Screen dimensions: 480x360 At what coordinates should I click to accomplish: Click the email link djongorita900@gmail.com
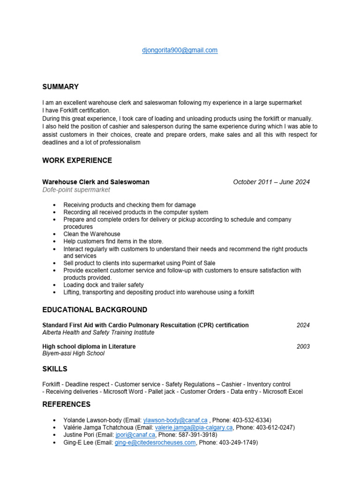pos(180,50)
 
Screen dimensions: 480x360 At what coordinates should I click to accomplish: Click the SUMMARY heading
pos(60,87)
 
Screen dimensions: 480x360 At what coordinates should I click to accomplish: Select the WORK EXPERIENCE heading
pos(77,160)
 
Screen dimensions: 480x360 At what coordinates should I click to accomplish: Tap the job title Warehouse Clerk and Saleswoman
pos(96,182)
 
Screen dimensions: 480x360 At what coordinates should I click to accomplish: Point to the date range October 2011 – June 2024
pos(271,182)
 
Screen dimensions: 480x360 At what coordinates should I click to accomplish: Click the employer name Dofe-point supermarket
pos(76,190)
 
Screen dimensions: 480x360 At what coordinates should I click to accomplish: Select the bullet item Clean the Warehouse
pos(92,234)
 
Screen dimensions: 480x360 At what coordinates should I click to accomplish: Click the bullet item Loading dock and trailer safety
pos(104,285)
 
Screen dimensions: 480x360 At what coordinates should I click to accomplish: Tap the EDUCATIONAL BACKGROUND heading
pos(95,310)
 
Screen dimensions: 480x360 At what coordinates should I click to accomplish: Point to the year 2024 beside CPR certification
pos(303,325)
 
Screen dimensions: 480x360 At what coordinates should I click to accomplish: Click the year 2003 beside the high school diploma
pos(303,346)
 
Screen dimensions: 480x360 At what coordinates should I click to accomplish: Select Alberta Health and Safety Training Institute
pos(98,332)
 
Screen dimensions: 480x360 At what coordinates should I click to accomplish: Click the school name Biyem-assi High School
pos(73,353)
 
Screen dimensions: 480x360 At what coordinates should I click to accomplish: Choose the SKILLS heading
pos(55,369)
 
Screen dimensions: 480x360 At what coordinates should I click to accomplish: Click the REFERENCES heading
pos(66,404)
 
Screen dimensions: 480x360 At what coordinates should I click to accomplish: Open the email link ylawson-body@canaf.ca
pos(175,420)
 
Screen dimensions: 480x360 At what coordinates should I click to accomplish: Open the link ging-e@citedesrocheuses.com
pos(155,442)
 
